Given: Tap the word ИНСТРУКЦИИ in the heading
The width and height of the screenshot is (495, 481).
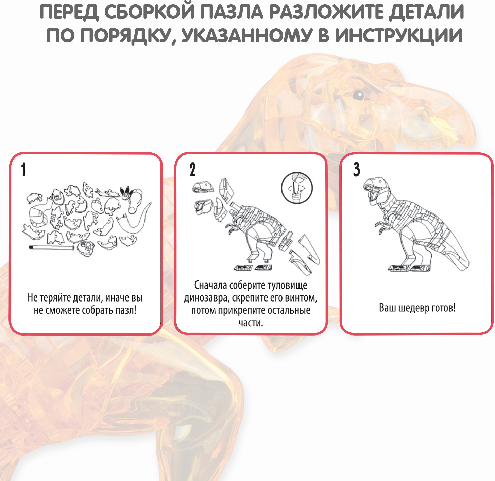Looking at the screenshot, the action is pos(398,36).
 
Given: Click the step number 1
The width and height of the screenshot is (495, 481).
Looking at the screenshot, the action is pos(24,170).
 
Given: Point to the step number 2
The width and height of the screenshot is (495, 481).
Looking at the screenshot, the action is pos(192,170).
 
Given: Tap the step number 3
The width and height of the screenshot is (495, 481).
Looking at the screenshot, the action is pos(357,170).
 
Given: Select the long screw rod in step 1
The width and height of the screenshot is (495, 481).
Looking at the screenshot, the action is pos(51,247).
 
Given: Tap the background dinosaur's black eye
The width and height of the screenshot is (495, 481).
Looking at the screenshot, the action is pos(358,95).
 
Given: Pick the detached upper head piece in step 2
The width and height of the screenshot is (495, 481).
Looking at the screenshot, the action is pos(203,187).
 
